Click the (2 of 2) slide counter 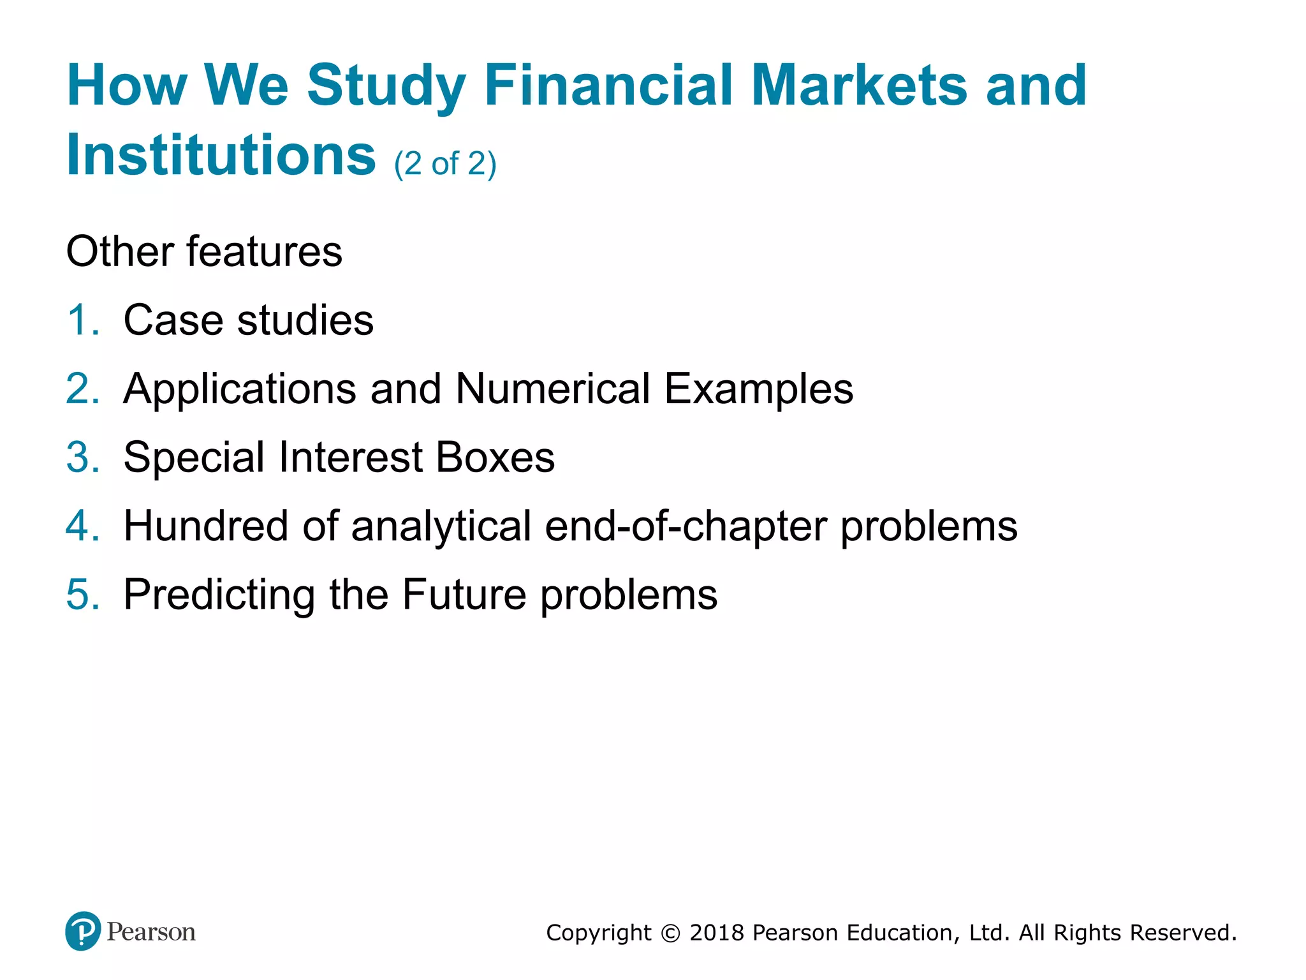click(445, 164)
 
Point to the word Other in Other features click(119, 251)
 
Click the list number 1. click(82, 320)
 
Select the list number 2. click(82, 389)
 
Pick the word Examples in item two click(758, 390)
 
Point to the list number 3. click(82, 457)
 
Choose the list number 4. click(82, 526)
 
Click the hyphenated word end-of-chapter click(686, 528)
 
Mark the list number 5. click(82, 595)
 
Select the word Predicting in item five click(219, 596)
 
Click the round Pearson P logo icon click(83, 931)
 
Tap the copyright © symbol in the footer click(670, 933)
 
